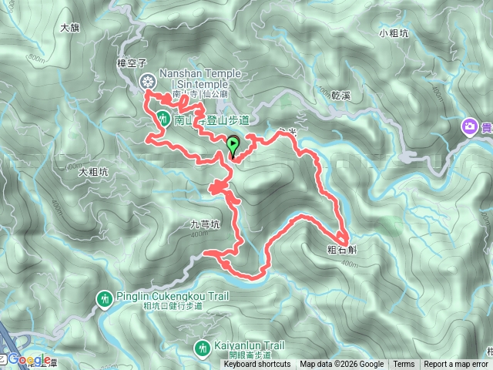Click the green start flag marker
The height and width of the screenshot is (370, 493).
(x=233, y=144)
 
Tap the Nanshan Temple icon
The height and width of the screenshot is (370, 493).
(x=147, y=80)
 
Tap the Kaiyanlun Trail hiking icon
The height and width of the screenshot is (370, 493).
(x=202, y=348)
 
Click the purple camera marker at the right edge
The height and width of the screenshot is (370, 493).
(x=469, y=126)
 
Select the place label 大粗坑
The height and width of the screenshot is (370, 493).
(x=93, y=173)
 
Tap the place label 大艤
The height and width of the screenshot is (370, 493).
(x=69, y=28)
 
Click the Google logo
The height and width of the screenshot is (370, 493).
(x=29, y=359)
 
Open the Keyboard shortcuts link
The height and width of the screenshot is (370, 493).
(x=258, y=365)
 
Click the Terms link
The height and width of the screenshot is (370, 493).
(x=403, y=365)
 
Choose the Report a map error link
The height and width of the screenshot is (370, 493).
(x=456, y=365)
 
